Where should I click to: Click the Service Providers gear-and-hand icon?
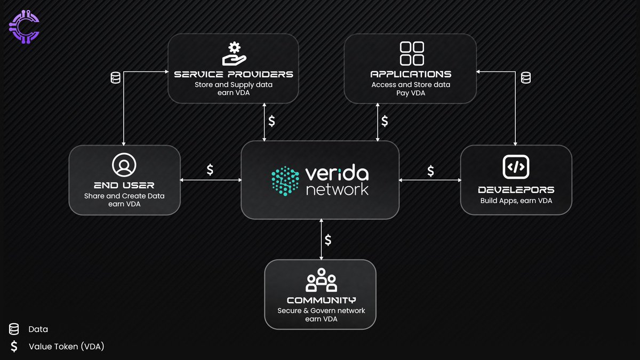click(233, 53)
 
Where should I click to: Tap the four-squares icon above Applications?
click(411, 53)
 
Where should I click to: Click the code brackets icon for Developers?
click(516, 167)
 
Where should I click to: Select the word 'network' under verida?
click(337, 189)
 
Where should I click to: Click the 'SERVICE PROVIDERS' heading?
click(234, 74)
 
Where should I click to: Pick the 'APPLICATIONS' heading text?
click(411, 74)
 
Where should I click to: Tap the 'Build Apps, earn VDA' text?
click(516, 201)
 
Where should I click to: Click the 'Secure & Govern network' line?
click(321, 311)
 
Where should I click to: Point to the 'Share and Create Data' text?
click(124, 196)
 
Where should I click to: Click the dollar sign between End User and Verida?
click(210, 170)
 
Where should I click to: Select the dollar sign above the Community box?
click(328, 240)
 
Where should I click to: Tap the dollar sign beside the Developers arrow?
click(430, 171)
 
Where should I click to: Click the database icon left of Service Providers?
click(115, 78)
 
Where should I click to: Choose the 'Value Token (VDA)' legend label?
click(66, 347)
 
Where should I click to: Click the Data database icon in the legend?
click(14, 329)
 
